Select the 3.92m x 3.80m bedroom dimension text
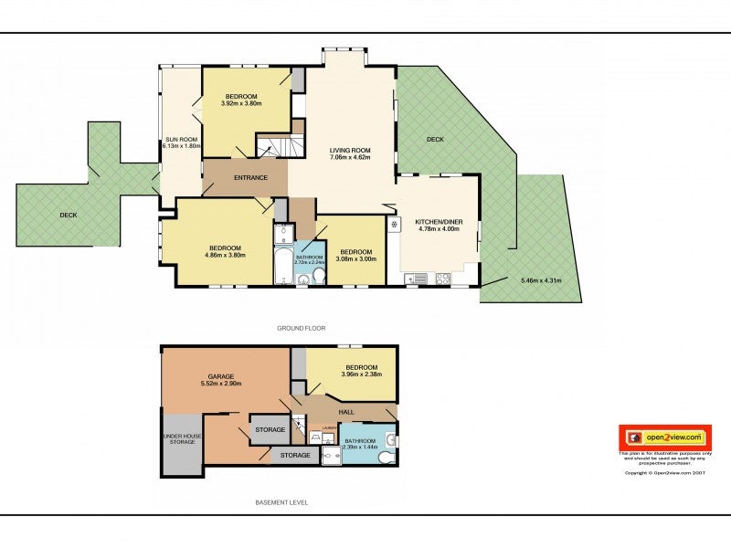(x=241, y=103)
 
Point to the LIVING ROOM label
(x=350, y=150)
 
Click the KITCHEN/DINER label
(x=437, y=222)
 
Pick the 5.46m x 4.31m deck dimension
(x=543, y=279)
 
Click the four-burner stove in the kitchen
(x=443, y=277)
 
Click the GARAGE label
(x=221, y=376)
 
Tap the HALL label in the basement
(x=346, y=412)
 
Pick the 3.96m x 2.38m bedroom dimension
(x=360, y=374)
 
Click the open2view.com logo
(x=665, y=437)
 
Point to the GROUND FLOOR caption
(x=302, y=327)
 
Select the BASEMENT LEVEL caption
(x=281, y=502)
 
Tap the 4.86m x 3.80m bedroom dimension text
(x=225, y=256)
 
